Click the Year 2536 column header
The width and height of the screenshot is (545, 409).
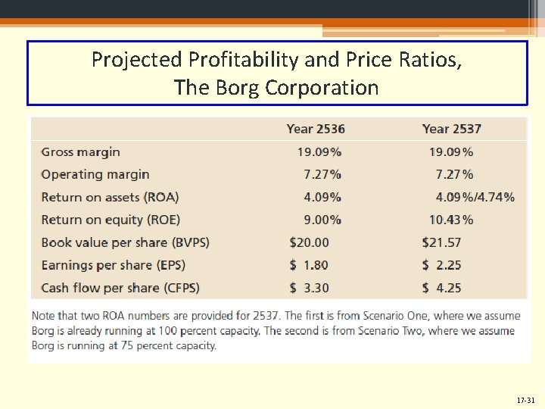pos(316,129)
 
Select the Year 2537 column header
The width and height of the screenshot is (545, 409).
pos(451,129)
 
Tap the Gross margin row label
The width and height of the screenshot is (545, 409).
pos(80,151)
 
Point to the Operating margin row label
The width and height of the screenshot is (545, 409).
pos(95,174)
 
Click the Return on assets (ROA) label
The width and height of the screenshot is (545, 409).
pos(110,197)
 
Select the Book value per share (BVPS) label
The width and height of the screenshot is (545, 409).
pos(125,242)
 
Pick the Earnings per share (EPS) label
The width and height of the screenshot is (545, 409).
pos(113,265)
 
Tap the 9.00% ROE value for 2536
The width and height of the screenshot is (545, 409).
pos(322,220)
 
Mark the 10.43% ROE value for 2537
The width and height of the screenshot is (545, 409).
pos(451,220)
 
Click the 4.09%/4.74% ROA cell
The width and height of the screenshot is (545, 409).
pos(475,197)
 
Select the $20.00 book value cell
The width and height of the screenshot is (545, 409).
pos(310,242)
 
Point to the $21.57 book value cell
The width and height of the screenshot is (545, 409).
pos(441,242)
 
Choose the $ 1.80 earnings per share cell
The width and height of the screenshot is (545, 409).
pos(310,265)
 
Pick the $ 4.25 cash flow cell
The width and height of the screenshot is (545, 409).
pos(441,288)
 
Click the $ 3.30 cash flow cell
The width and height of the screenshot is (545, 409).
pos(310,288)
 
